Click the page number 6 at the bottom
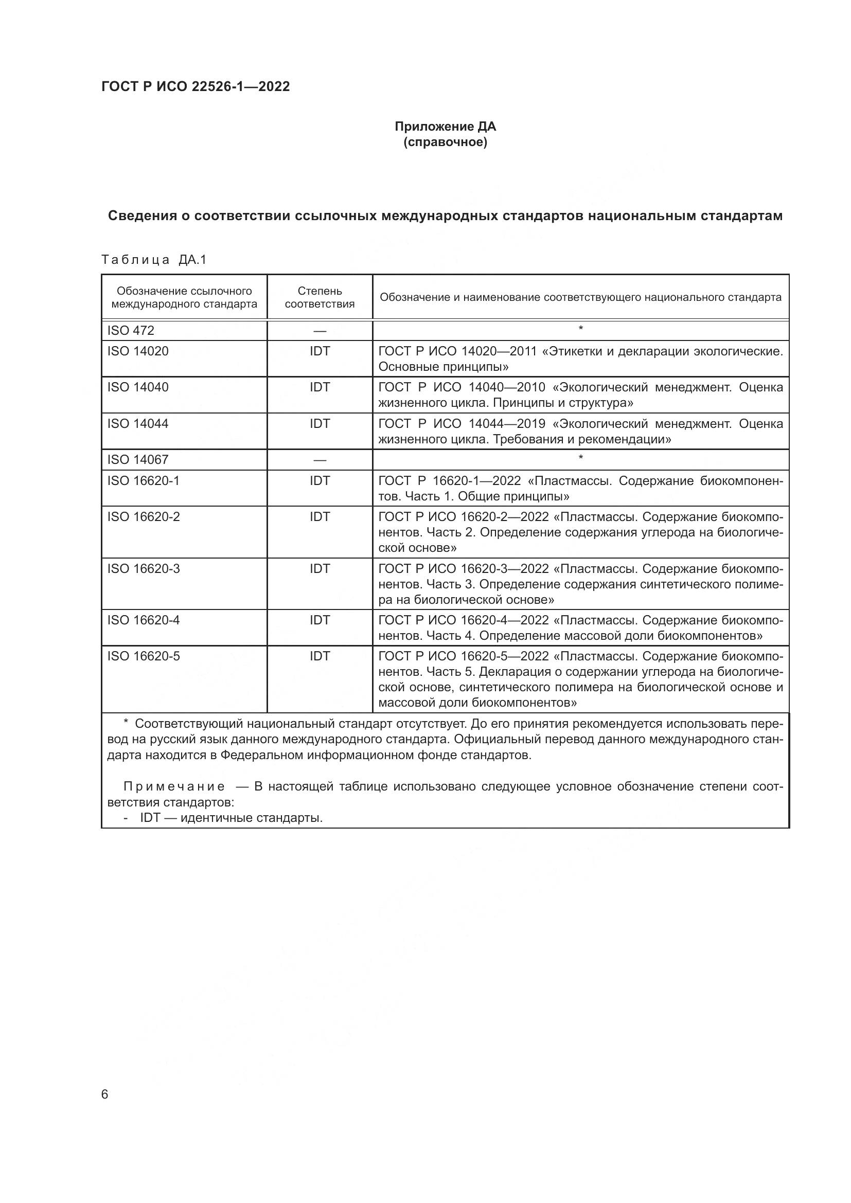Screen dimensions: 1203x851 point(105,1094)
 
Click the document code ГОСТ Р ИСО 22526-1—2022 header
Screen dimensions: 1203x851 point(196,86)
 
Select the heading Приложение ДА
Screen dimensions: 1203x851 point(445,127)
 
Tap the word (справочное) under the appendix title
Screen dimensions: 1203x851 point(445,142)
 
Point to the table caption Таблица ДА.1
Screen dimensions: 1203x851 point(154,259)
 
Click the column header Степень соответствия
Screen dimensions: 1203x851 point(320,297)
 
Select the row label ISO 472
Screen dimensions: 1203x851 point(131,331)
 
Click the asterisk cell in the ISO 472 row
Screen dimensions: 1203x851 point(580,329)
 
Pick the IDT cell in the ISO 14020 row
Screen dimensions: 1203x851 point(320,351)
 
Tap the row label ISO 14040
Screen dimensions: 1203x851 point(138,387)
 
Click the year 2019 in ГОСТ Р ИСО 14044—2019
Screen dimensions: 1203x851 point(531,423)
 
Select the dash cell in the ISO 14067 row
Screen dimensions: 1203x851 point(320,460)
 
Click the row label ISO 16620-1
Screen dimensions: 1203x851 point(144,480)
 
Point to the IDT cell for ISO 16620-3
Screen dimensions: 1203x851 point(320,568)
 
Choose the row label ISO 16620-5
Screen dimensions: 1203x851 point(144,656)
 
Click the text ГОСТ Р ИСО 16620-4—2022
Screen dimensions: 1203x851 point(464,620)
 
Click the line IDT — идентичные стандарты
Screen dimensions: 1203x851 point(231,817)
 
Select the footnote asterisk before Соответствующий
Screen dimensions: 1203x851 point(126,723)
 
